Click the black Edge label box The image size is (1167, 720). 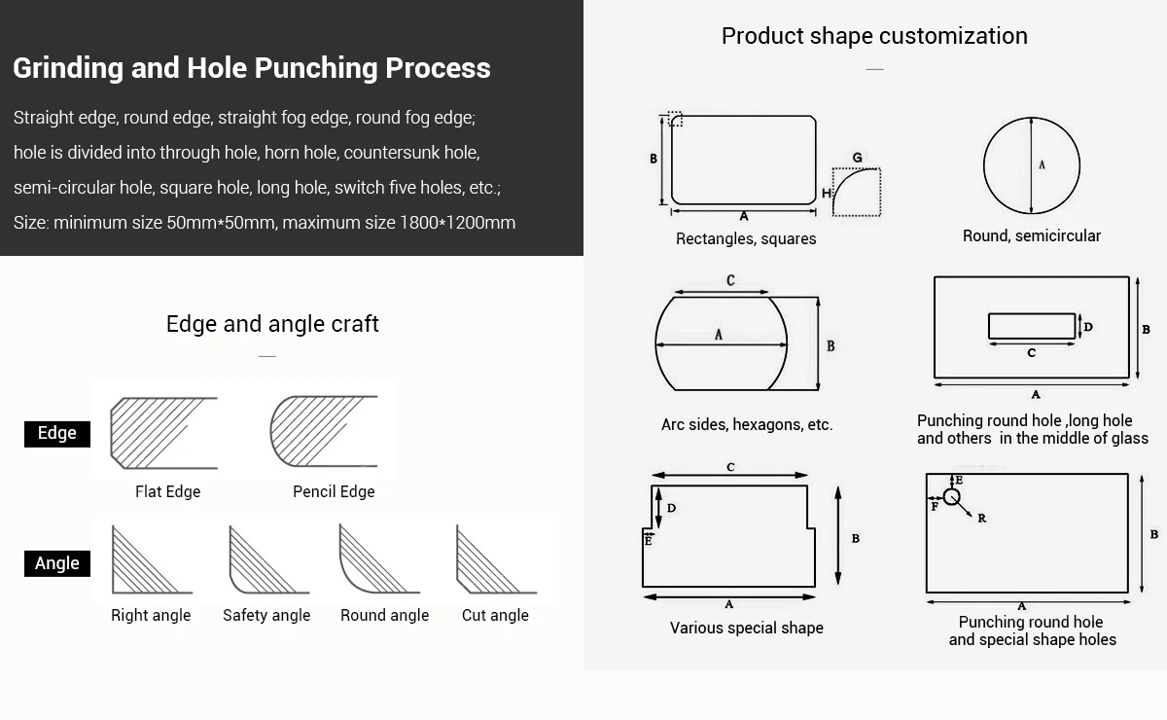(x=57, y=434)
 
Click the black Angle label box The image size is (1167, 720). (x=57, y=563)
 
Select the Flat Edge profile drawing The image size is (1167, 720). (x=163, y=433)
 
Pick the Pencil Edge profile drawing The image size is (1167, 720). (x=324, y=431)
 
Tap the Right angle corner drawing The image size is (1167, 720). (x=152, y=559)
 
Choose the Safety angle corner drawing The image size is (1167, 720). (x=268, y=559)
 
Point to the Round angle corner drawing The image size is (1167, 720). (x=379, y=558)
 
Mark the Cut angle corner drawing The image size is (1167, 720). (x=496, y=559)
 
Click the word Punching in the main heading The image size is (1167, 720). (x=316, y=68)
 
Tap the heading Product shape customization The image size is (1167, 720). (x=874, y=36)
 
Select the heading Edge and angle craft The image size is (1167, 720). (x=272, y=324)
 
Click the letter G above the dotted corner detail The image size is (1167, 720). (x=857, y=158)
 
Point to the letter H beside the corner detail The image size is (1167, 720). (x=827, y=194)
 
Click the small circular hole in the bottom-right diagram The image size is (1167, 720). (x=952, y=497)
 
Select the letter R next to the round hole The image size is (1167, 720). (x=982, y=519)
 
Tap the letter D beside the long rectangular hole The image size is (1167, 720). (x=1088, y=327)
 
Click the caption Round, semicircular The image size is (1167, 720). (x=1032, y=236)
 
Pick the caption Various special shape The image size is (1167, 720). (x=747, y=628)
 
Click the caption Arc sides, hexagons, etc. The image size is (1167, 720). (x=747, y=424)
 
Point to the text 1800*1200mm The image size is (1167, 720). (x=457, y=223)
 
